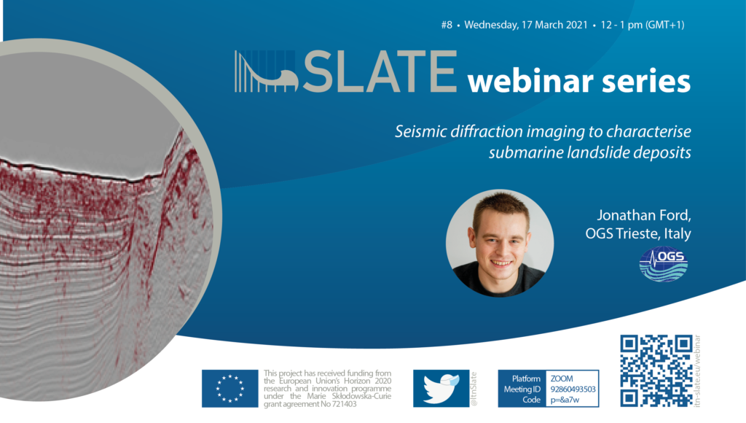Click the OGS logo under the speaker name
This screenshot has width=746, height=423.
[x=663, y=264]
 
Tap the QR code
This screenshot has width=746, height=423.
[x=656, y=370]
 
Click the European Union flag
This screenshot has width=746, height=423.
[x=229, y=388]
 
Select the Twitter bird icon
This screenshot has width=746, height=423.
[x=441, y=388]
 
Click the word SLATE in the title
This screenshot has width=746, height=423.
[x=380, y=71]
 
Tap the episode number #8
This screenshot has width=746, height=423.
[x=447, y=25]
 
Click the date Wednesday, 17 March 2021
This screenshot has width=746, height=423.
[x=526, y=25]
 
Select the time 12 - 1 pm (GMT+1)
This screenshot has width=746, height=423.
[x=643, y=25]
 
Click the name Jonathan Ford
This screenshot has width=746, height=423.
[x=644, y=215]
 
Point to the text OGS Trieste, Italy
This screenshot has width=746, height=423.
[x=638, y=233]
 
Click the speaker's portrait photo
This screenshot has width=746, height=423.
[x=500, y=243]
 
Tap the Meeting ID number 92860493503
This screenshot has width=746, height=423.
[x=573, y=389]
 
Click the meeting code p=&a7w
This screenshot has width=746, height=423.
[x=565, y=400]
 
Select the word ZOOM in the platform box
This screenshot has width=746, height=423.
[x=562, y=379]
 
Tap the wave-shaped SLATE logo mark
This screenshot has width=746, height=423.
[x=267, y=71]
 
